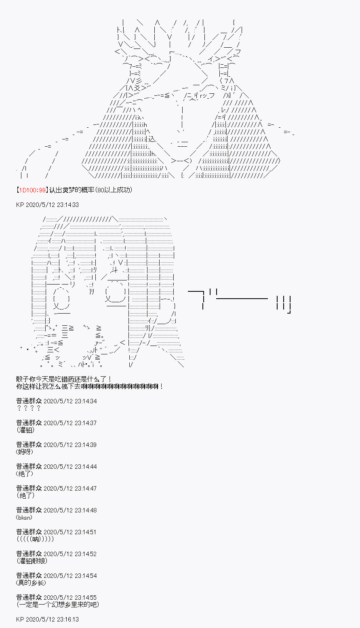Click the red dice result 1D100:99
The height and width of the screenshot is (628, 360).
pyautogui.click(x=32, y=190)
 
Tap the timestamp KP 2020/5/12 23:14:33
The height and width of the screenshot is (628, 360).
pyautogui.click(x=47, y=205)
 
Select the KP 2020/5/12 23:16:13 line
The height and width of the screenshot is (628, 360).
pyautogui.click(x=47, y=619)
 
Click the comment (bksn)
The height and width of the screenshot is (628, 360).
pyautogui.click(x=24, y=518)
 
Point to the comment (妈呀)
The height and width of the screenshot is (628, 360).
pyautogui.click(x=25, y=452)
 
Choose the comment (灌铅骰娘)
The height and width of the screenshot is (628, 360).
pyautogui.click(x=32, y=561)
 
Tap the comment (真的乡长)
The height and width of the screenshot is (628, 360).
pyautogui.click(x=31, y=583)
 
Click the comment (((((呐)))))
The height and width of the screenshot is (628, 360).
pyautogui.click(x=35, y=539)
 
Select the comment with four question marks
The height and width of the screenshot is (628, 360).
pyautogui.click(x=29, y=408)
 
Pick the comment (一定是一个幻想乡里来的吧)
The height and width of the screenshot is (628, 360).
pyautogui.click(x=58, y=605)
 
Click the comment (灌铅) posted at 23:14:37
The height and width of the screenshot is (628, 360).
pyautogui.click(x=25, y=430)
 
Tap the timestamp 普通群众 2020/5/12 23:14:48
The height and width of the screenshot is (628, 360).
pyautogui.click(x=56, y=510)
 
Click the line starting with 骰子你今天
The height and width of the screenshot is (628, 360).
pyautogui.click(x=64, y=379)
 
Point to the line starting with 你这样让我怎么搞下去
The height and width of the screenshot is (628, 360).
pyautogui.click(x=90, y=387)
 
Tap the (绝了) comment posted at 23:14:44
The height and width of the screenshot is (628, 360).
pyautogui.click(x=25, y=474)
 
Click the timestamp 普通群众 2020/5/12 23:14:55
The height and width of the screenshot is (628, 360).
pyautogui.click(x=56, y=597)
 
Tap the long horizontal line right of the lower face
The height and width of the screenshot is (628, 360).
pyautogui.click(x=242, y=299)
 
